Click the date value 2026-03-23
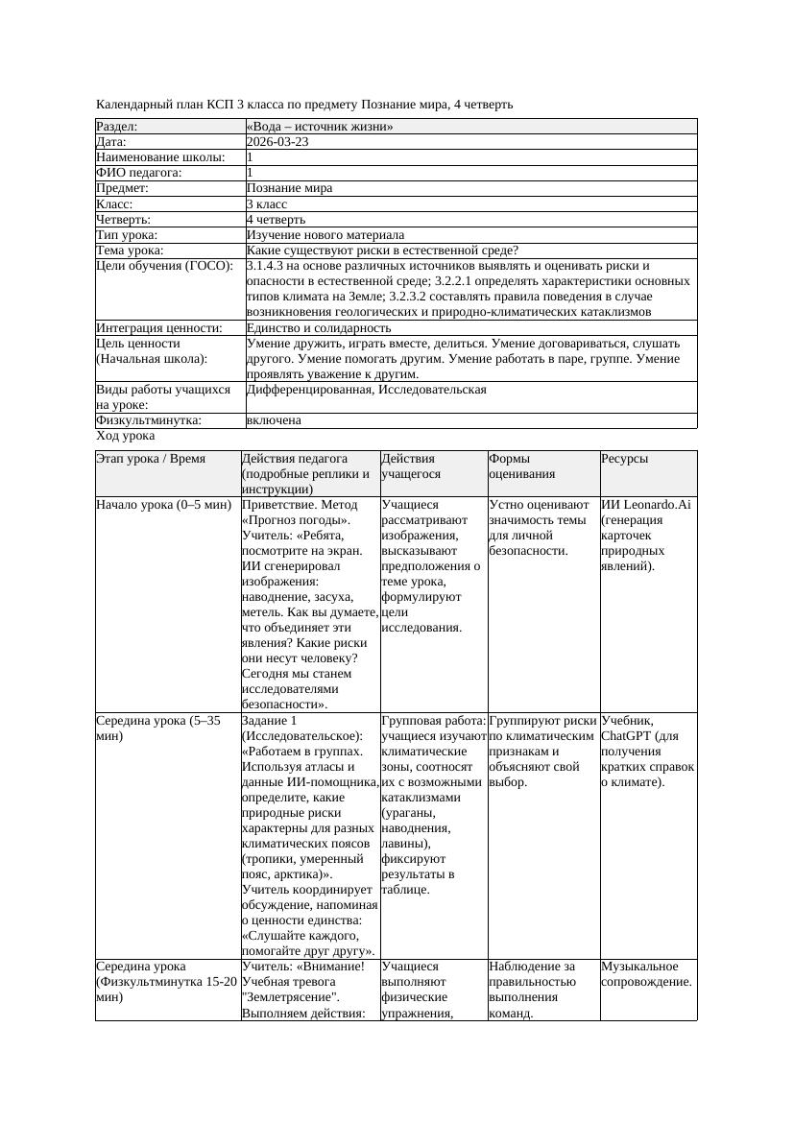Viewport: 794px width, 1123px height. (277, 141)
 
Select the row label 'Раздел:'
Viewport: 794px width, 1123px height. (116, 126)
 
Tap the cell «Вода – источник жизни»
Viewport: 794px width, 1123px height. (319, 126)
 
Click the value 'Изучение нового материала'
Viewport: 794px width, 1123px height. (325, 234)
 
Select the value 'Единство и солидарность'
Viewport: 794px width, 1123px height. (318, 327)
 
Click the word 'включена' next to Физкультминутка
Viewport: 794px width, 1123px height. (274, 420)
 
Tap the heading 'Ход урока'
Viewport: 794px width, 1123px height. (125, 436)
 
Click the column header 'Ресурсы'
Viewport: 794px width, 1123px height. (624, 459)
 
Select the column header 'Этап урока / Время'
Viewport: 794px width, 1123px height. (151, 459)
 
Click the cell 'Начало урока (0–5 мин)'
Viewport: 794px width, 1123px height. (164, 504)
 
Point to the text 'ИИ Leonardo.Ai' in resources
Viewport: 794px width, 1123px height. (645, 504)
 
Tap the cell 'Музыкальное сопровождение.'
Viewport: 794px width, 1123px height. (646, 973)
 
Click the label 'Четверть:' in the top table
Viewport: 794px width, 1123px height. (123, 219)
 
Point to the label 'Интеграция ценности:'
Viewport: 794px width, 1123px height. (158, 327)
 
